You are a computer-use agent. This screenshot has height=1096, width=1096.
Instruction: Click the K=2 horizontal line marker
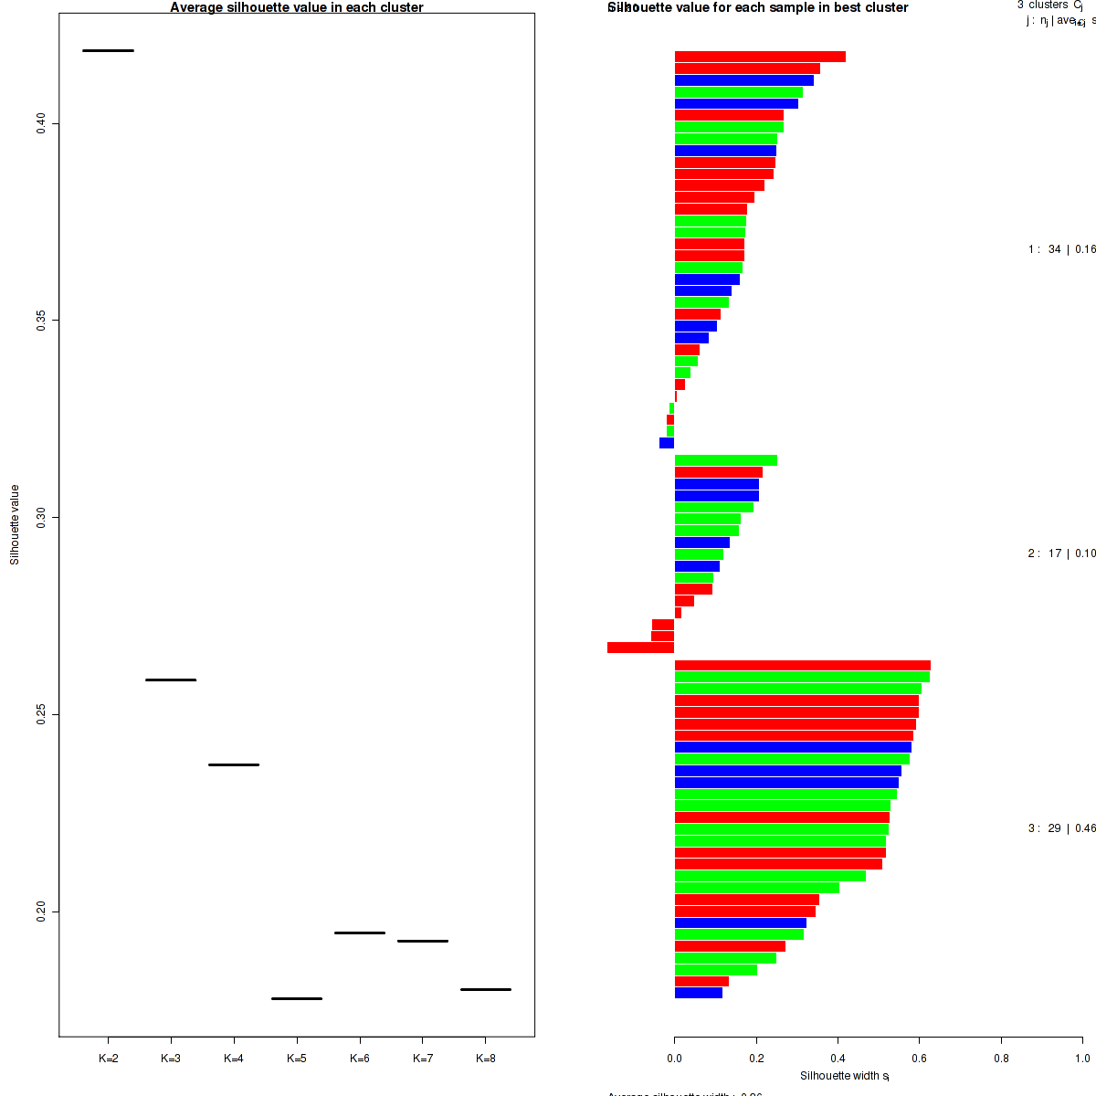(x=108, y=50)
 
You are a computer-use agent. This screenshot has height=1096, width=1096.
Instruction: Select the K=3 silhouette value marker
(x=171, y=680)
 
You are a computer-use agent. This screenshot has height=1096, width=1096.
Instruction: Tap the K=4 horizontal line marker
(x=234, y=764)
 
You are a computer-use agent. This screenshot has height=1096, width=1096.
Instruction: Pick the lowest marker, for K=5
(x=297, y=998)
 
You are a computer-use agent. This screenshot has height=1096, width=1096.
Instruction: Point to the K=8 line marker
(x=486, y=989)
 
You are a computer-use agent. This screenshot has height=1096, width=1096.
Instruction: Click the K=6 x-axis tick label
(x=360, y=1059)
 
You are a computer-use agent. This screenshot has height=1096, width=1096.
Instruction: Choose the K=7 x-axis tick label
(x=423, y=1059)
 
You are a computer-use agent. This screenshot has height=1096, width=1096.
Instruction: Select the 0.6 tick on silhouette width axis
(x=920, y=1059)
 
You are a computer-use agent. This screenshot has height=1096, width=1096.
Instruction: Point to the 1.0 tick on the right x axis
(x=1082, y=1059)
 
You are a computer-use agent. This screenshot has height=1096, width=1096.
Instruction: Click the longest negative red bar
(x=640, y=648)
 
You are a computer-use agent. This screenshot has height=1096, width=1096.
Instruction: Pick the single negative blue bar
(x=667, y=443)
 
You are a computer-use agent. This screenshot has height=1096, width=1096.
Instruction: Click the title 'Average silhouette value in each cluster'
(x=297, y=7)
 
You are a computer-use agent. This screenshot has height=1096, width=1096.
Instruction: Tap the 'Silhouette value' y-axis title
(x=15, y=524)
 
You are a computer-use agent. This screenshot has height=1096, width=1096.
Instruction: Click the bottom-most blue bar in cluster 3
(x=698, y=993)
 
